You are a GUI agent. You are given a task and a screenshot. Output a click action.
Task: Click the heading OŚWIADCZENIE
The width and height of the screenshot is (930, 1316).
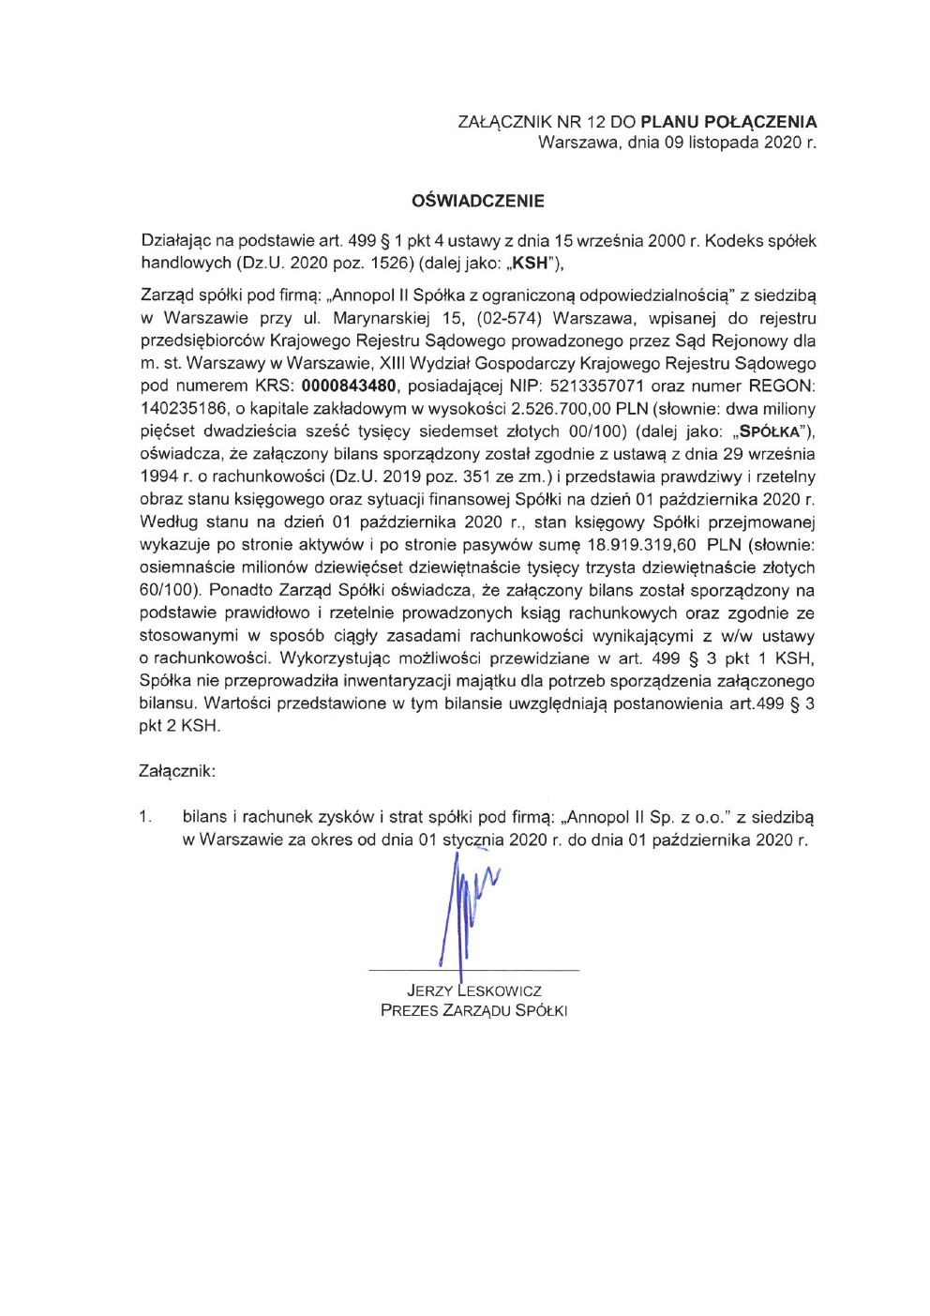(478, 201)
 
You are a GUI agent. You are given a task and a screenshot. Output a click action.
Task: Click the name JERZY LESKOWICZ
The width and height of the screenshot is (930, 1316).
(474, 991)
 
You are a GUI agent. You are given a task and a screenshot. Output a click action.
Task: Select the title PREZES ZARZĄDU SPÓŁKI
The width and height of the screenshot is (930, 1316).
(474, 1011)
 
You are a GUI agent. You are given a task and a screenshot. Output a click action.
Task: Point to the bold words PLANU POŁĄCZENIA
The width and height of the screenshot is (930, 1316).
(728, 122)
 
